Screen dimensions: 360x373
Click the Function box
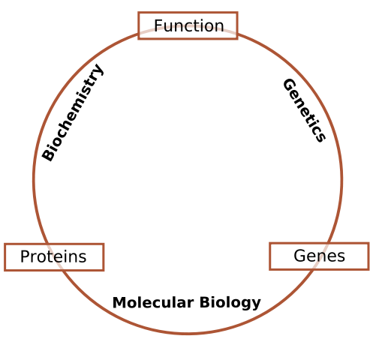coord(188,25)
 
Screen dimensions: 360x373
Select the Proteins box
coord(54,257)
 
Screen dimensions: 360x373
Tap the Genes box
coord(319,256)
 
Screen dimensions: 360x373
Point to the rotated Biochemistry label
coord(73,112)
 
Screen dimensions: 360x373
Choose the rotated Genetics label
coord(304,110)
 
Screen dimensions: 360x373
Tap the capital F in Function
coord(158,26)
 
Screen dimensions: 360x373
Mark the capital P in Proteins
coord(25,257)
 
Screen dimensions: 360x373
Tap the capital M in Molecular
coord(118,303)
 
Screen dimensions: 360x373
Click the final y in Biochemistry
coord(98,70)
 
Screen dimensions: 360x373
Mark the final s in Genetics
coord(320,137)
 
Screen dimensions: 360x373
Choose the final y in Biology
coord(257,304)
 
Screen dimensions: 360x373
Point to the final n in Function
coord(219,27)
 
